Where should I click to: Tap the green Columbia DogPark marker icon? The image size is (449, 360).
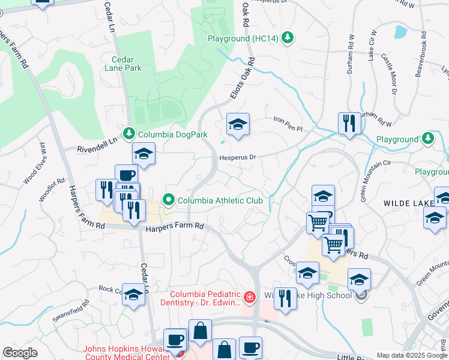(128, 133)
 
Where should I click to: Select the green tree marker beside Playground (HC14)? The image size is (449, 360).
(288, 38)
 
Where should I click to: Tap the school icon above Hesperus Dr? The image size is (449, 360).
(238, 125)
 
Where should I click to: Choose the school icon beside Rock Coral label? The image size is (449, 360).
(134, 295)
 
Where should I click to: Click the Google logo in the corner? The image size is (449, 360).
(20, 353)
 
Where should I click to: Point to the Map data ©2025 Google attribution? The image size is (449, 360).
(412, 355)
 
